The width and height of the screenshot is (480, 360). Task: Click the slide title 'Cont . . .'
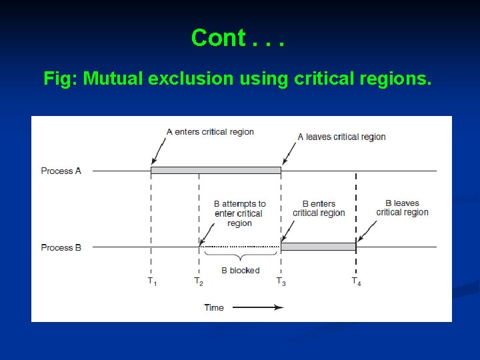238,38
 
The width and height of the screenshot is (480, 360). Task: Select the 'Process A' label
61,171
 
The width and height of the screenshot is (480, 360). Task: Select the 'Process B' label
61,247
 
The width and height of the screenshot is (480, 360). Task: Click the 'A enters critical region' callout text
210,131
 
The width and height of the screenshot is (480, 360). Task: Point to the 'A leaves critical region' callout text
341,137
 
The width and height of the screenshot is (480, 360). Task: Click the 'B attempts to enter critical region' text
239,213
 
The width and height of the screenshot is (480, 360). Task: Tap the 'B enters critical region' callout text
319,208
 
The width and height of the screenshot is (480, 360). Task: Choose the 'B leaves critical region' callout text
402,207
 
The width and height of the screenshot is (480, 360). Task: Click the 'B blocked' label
240,270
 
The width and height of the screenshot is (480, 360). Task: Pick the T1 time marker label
152,281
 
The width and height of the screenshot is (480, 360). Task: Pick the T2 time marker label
199,281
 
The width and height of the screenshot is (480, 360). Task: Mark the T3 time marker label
281,281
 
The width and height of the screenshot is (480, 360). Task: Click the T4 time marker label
357,281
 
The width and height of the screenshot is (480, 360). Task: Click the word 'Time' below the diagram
214,307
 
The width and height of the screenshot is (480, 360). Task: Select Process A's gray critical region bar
215,171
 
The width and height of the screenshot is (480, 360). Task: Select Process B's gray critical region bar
318,247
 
